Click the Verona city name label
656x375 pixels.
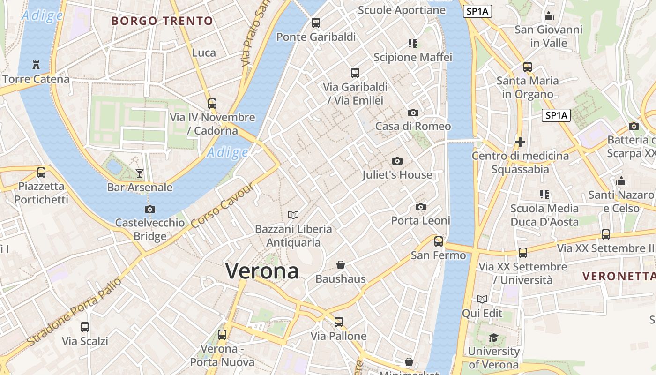pos(262,271)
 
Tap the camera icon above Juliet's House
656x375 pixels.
pos(397,161)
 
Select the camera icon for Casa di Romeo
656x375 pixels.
pos(413,112)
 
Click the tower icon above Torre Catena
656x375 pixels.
pos(36,65)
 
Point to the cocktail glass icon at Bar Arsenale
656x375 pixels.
pos(140,173)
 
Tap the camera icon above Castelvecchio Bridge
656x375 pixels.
pos(150,209)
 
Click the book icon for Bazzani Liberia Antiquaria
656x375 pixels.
pos(293,215)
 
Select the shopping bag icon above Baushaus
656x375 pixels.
pos(341,265)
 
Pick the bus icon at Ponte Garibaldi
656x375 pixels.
pos(316,22)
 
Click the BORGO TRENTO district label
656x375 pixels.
pos(162,21)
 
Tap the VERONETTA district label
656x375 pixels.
pos(619,276)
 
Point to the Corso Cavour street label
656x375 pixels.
pos(223,205)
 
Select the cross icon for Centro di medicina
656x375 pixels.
pos(520,142)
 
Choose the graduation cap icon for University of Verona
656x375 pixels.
pos(493,337)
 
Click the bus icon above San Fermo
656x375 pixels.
pos(439,241)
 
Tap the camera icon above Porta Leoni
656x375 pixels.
pos(421,207)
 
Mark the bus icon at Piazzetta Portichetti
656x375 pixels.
pos(41,172)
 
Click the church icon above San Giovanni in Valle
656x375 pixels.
pos(549,16)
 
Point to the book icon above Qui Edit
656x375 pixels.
pos(482,299)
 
